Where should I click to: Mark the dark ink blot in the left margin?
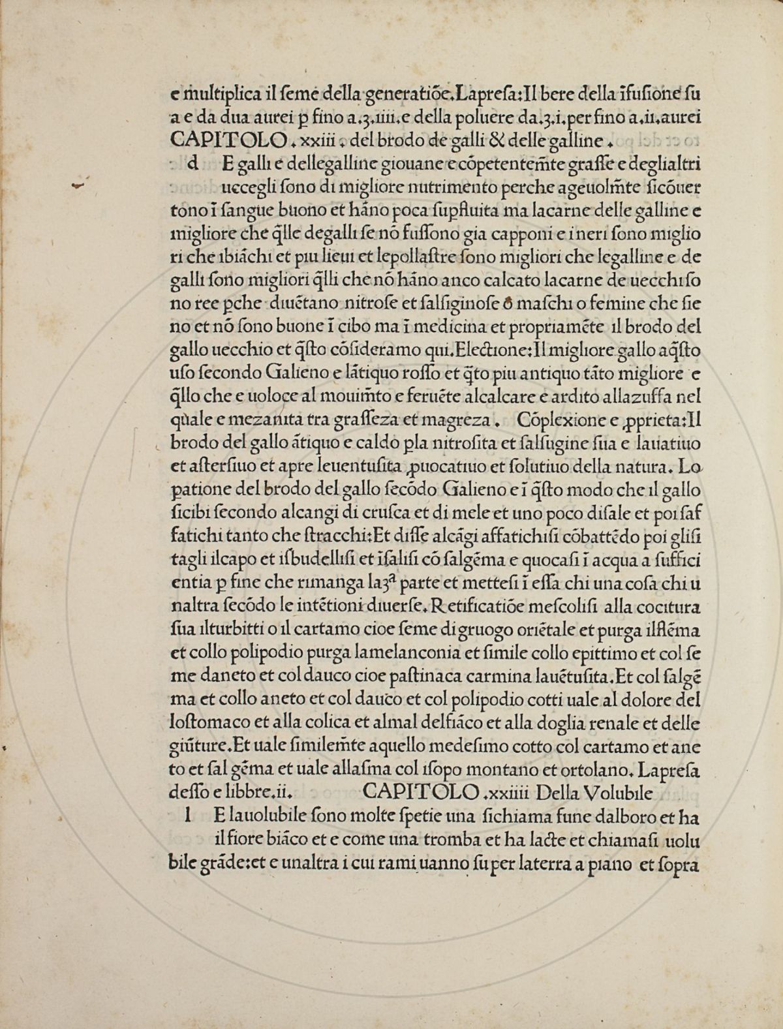coord(78,186)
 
